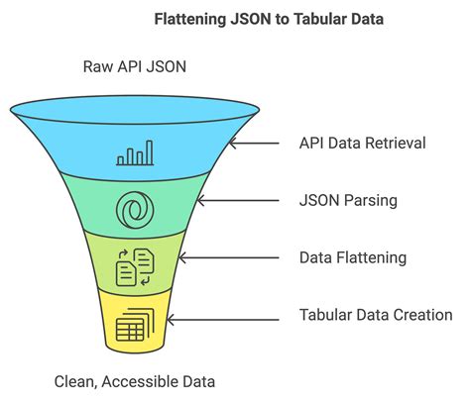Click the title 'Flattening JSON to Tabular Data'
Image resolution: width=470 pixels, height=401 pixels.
pos(234,18)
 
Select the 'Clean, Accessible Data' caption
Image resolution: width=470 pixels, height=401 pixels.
pos(134,380)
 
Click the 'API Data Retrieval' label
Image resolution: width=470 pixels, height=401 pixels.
pos(362,143)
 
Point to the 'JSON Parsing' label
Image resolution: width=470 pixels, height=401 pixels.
pos(347,200)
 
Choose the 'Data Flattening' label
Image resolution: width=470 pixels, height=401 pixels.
pos(353,257)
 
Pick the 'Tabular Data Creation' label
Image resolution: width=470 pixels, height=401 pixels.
pos(375,315)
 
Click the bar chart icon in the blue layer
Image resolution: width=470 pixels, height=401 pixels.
pos(136,152)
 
